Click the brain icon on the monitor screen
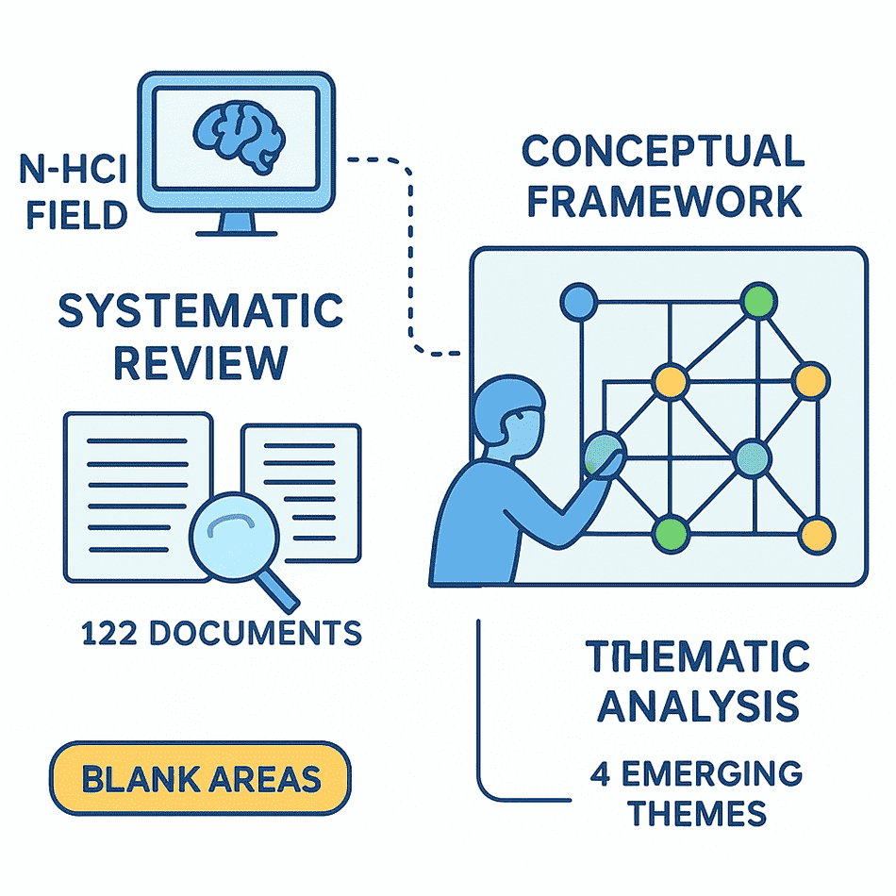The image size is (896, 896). (x=239, y=138)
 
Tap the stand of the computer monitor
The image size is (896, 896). (x=237, y=224)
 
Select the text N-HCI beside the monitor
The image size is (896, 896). (x=74, y=169)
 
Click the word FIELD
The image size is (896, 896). (x=76, y=215)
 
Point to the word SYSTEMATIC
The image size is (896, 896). (x=201, y=310)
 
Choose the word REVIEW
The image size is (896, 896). (x=201, y=362)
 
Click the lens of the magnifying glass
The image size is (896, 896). (x=234, y=537)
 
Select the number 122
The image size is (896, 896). (x=109, y=633)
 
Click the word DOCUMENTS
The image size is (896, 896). (x=256, y=633)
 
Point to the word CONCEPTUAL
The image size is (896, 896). (x=663, y=151)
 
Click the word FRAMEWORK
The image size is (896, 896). (x=664, y=201)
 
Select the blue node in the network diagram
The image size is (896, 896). (x=579, y=302)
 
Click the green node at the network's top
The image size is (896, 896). (x=759, y=301)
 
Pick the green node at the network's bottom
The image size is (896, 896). (x=671, y=534)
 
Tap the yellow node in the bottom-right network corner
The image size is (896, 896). (x=817, y=536)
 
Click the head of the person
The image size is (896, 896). (x=508, y=409)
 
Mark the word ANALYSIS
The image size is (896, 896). (x=698, y=706)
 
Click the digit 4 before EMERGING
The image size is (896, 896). (x=601, y=773)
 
